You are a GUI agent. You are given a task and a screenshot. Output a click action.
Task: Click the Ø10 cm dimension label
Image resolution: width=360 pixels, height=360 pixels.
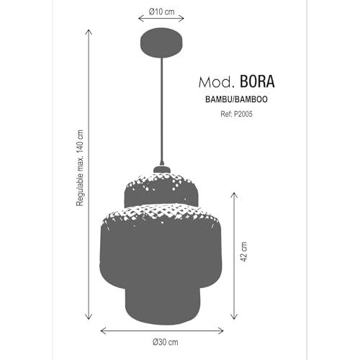(161, 12)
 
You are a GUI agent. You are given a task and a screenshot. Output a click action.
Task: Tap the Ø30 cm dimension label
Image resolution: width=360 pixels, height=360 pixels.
(166, 342)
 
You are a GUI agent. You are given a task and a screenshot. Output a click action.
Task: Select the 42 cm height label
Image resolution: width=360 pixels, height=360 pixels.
(243, 251)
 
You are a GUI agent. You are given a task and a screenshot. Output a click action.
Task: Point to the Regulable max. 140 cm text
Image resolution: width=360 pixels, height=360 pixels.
(80, 168)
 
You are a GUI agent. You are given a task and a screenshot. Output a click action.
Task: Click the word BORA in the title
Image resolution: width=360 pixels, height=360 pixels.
(257, 81)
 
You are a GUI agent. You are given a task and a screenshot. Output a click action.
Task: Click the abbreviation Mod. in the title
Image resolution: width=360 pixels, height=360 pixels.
(216, 82)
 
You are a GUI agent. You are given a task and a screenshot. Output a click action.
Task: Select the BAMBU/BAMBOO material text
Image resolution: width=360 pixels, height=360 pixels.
(236, 99)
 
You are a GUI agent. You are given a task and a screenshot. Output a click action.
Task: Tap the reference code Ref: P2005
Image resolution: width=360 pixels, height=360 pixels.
(236, 114)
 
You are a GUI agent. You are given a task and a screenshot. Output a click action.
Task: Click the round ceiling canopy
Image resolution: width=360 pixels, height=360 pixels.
(161, 43)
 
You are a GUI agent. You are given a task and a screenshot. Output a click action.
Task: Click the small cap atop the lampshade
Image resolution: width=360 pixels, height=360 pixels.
(162, 169)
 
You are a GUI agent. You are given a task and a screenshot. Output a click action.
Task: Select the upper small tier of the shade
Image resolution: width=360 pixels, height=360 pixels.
(161, 189)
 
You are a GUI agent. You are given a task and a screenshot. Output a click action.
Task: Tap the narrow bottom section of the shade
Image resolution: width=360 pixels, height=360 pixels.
(163, 305)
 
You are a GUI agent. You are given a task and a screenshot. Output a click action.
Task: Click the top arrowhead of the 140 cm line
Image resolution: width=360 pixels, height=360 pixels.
(89, 31)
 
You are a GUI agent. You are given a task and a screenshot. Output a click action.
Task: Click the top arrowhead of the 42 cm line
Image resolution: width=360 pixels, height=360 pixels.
(234, 194)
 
